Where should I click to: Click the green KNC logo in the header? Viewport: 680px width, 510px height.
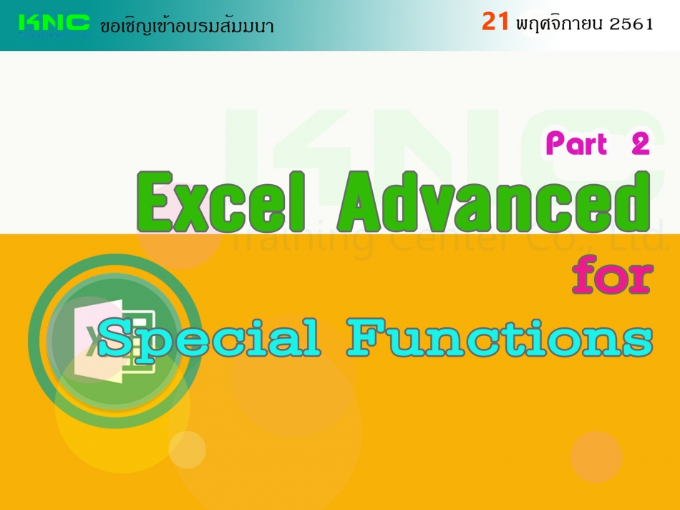point(54,25)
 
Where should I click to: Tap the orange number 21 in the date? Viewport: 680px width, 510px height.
point(495,21)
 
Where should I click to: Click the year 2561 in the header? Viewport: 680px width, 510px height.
point(631,24)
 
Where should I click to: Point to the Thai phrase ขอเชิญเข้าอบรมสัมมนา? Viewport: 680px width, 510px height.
point(187,26)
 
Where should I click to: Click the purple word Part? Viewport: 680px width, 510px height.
point(576,143)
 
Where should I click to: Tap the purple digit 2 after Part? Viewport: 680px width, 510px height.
point(640,144)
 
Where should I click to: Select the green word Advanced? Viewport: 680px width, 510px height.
point(495,201)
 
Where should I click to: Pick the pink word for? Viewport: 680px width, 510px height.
point(612,275)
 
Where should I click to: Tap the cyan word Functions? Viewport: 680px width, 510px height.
point(500,337)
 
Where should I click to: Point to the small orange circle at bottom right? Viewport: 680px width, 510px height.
point(596,457)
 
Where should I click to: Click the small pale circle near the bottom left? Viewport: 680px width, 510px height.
point(187,450)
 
